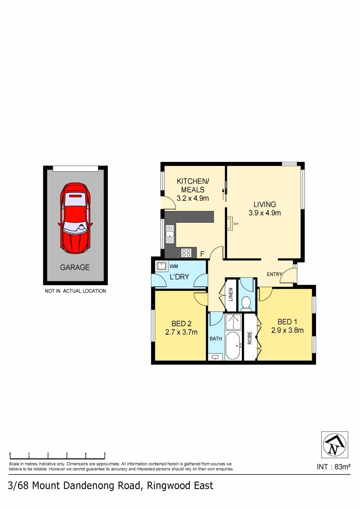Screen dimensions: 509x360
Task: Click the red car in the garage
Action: tap(75, 218)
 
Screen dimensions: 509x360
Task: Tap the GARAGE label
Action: tap(75, 267)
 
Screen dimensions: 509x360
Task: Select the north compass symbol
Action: tap(334, 444)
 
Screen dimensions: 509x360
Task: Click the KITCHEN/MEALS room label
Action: tap(193, 185)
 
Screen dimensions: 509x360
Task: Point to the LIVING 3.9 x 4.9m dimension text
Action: tap(264, 213)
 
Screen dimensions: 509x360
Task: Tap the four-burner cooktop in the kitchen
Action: tap(186, 252)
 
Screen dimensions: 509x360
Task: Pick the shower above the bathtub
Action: tap(233, 322)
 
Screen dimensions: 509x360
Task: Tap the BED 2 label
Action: tap(181, 323)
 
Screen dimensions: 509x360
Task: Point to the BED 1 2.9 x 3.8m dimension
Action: tap(287, 330)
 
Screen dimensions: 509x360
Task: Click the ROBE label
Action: tap(250, 338)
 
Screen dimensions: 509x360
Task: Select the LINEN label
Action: tap(231, 294)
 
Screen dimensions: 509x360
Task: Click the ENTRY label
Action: tap(274, 274)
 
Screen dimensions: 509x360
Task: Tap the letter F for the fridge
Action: tap(202, 254)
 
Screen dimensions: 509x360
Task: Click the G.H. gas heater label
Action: tap(236, 224)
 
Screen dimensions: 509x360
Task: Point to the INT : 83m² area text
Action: tap(333, 466)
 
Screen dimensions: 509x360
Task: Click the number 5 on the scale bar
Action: tap(105, 454)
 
